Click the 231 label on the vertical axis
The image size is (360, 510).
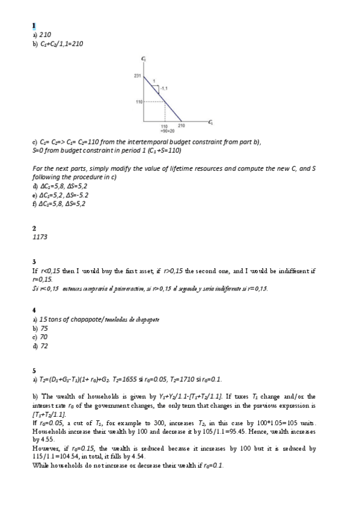pyautogui.click(x=136, y=75)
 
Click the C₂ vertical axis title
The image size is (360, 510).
pyautogui.click(x=143, y=58)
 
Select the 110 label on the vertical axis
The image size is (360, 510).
pyautogui.click(x=137, y=102)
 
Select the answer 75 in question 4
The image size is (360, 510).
pyautogui.click(x=44, y=329)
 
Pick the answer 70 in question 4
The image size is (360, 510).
pyautogui.click(x=43, y=337)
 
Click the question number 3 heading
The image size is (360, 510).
pyautogui.click(x=34, y=262)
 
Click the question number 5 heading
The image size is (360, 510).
pyautogui.click(x=34, y=370)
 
